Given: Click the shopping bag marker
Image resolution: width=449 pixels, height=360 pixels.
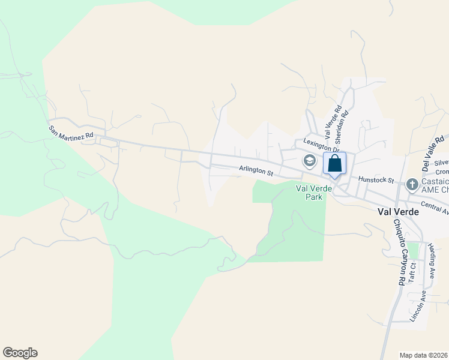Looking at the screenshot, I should [x=334, y=163].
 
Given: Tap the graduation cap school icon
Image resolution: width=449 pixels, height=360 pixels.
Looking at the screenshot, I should [x=309, y=161].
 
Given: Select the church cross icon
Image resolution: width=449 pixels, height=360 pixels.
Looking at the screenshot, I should [x=412, y=184].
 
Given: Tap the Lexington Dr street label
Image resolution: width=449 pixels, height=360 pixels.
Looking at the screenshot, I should [x=322, y=145].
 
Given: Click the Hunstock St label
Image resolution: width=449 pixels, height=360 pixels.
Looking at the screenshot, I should [x=375, y=179].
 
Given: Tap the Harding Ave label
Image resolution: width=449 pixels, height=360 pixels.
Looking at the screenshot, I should [x=431, y=261].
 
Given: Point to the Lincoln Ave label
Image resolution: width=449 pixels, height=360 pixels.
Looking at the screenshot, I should [x=418, y=307].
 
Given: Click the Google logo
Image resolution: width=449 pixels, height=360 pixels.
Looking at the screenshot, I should [x=20, y=353].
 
